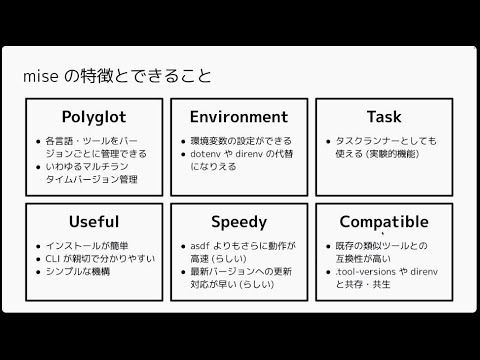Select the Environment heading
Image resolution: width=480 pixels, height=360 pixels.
(238, 117)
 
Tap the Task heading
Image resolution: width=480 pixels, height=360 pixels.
(383, 117)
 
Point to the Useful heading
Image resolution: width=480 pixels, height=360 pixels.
(94, 221)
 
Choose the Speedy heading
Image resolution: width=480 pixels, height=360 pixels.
(238, 221)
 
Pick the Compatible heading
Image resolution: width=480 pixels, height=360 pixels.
(383, 221)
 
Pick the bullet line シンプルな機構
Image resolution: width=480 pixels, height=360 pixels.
(79, 272)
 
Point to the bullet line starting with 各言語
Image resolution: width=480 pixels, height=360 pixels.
(96, 141)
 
